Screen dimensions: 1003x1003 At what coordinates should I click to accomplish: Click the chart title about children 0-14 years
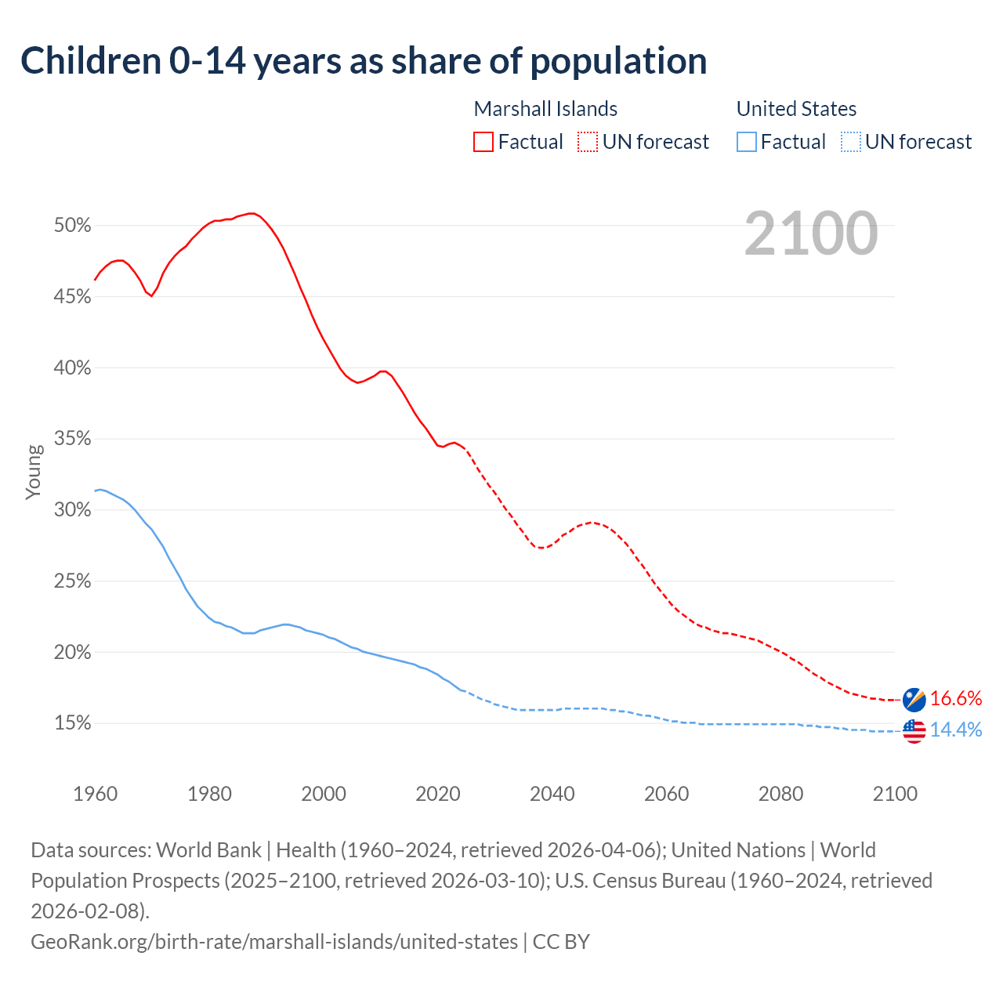click(364, 61)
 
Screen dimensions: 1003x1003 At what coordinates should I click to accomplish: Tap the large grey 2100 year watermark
click(810, 234)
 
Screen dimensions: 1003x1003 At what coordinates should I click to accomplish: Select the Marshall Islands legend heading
click(545, 109)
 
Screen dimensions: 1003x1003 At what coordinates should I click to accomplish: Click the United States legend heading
click(796, 109)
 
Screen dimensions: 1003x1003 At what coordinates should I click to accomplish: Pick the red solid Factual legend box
click(483, 142)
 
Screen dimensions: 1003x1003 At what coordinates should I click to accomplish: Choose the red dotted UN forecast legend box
click(588, 142)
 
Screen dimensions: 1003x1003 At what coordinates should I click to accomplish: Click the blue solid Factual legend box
click(747, 142)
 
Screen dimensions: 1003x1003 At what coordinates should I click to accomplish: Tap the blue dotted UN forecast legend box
click(850, 142)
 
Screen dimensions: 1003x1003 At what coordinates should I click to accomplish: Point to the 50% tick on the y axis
click(73, 226)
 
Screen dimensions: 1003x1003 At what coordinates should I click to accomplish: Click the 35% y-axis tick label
click(73, 439)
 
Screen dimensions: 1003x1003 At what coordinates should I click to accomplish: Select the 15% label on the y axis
click(73, 723)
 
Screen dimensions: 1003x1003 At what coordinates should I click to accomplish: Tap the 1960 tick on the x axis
click(95, 794)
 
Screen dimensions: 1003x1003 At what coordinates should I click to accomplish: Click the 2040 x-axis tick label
click(552, 794)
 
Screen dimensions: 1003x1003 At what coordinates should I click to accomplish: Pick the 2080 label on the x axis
click(780, 794)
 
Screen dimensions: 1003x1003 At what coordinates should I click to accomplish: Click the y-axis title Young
click(34, 472)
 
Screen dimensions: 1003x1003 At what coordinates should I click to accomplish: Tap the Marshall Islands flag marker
click(914, 698)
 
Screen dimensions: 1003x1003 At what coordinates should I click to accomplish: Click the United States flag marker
click(914, 730)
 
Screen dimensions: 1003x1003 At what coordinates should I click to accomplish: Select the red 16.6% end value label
click(956, 698)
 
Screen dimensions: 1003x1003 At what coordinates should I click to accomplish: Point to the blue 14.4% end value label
click(956, 730)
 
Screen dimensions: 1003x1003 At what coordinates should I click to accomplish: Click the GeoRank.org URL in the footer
click(274, 941)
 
